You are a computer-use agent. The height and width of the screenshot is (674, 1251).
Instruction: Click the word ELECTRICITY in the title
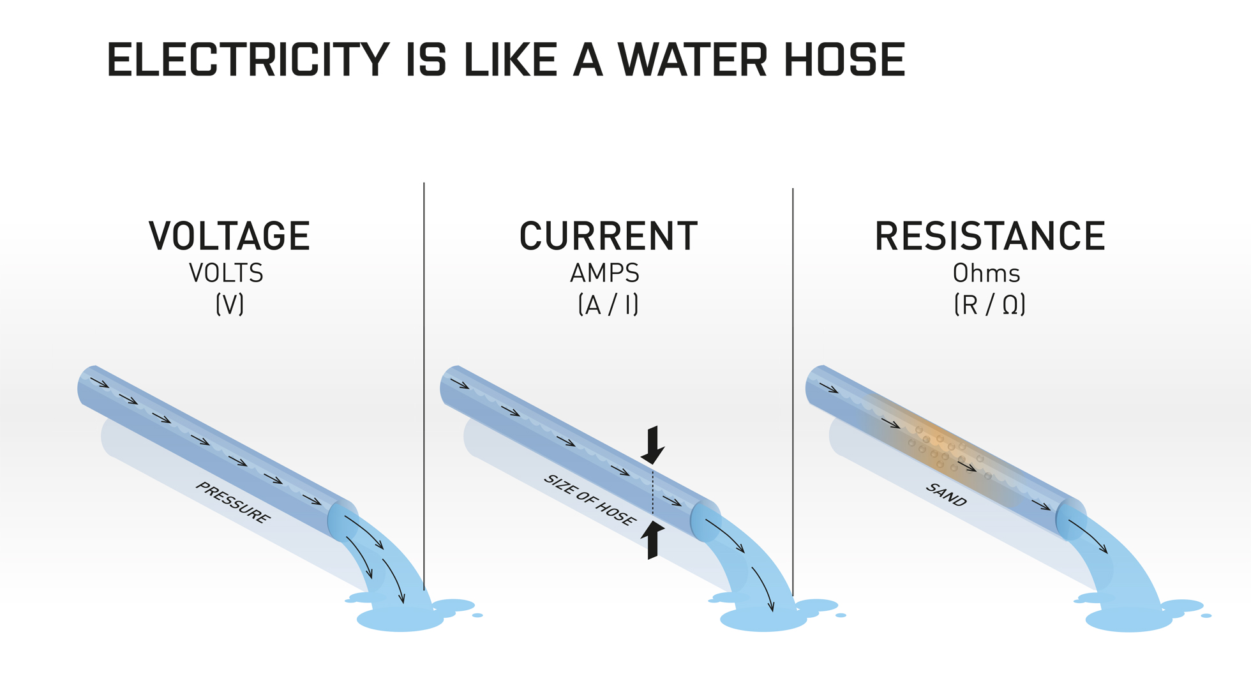248,60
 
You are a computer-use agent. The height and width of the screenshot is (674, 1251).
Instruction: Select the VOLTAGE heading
230,236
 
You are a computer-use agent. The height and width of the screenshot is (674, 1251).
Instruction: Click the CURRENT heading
609,236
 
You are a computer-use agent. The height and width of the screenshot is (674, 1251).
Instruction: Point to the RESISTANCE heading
990,236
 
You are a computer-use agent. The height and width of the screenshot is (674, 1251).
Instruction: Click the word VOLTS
227,273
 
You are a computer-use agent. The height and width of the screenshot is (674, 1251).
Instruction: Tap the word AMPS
605,273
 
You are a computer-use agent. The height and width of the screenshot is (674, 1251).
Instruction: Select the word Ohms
986,273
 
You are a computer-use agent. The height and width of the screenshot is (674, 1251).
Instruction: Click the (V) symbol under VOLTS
230,304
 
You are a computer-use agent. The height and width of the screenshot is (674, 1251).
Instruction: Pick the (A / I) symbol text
608,304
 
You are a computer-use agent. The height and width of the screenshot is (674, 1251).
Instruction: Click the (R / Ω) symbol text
990,304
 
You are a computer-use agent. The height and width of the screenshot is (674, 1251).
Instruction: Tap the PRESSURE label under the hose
233,502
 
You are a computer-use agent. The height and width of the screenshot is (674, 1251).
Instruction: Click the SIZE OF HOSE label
590,500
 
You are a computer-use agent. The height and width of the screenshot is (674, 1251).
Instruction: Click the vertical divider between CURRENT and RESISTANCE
793,393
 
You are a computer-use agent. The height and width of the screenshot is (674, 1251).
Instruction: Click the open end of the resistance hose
1070,520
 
